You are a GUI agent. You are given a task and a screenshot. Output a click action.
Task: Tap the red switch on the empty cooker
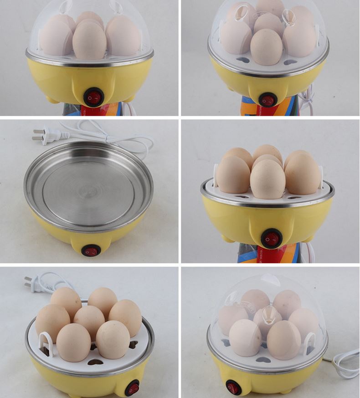pos(91,250)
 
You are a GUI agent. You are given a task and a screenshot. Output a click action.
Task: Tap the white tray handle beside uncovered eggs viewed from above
pos(46,343)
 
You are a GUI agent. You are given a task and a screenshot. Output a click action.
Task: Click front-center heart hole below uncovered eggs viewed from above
pos(95,362)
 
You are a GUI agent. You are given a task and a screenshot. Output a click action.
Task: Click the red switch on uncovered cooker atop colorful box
pos(272,238)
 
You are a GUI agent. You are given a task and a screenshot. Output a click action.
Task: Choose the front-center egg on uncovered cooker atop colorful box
pos(267,179)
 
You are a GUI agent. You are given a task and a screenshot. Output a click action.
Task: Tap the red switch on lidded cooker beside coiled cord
pos(233,387)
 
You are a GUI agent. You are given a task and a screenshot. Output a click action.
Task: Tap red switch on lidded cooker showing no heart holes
pos(93,97)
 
